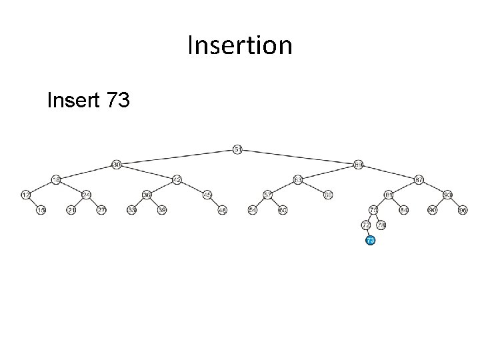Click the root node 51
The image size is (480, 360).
pyautogui.click(x=237, y=149)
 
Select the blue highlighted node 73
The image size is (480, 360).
pyautogui.click(x=370, y=239)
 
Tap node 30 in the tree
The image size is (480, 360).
pyautogui.click(x=116, y=164)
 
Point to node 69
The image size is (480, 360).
pyautogui.click(x=359, y=164)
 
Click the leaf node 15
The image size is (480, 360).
pyautogui.click(x=41, y=210)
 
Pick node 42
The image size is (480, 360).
pyautogui.click(x=177, y=179)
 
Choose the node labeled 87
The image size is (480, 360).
pyautogui.click(x=419, y=179)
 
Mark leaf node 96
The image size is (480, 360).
pyautogui.click(x=463, y=210)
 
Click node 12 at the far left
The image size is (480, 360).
pyautogui.click(x=25, y=195)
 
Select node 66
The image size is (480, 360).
pyautogui.click(x=328, y=195)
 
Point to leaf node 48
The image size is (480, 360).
pyautogui.click(x=223, y=210)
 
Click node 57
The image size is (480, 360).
pyautogui.click(x=267, y=195)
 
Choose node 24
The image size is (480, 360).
pyautogui.click(x=86, y=195)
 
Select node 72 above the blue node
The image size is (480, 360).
pyautogui.click(x=365, y=225)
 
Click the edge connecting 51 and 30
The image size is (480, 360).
pyautogui.click(x=177, y=157)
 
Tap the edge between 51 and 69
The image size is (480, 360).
pyautogui.click(x=298, y=157)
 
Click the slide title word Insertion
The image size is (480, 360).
pyautogui.click(x=240, y=46)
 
